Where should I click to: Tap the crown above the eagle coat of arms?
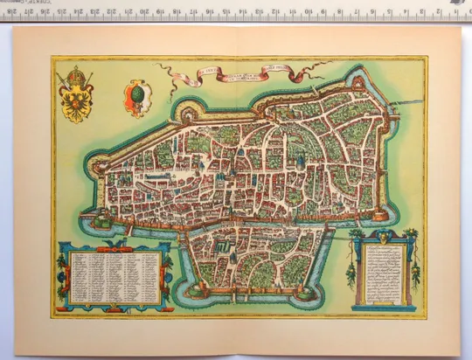(76, 73)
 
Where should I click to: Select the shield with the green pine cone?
(137, 94)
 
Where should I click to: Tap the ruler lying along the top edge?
(236, 11)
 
